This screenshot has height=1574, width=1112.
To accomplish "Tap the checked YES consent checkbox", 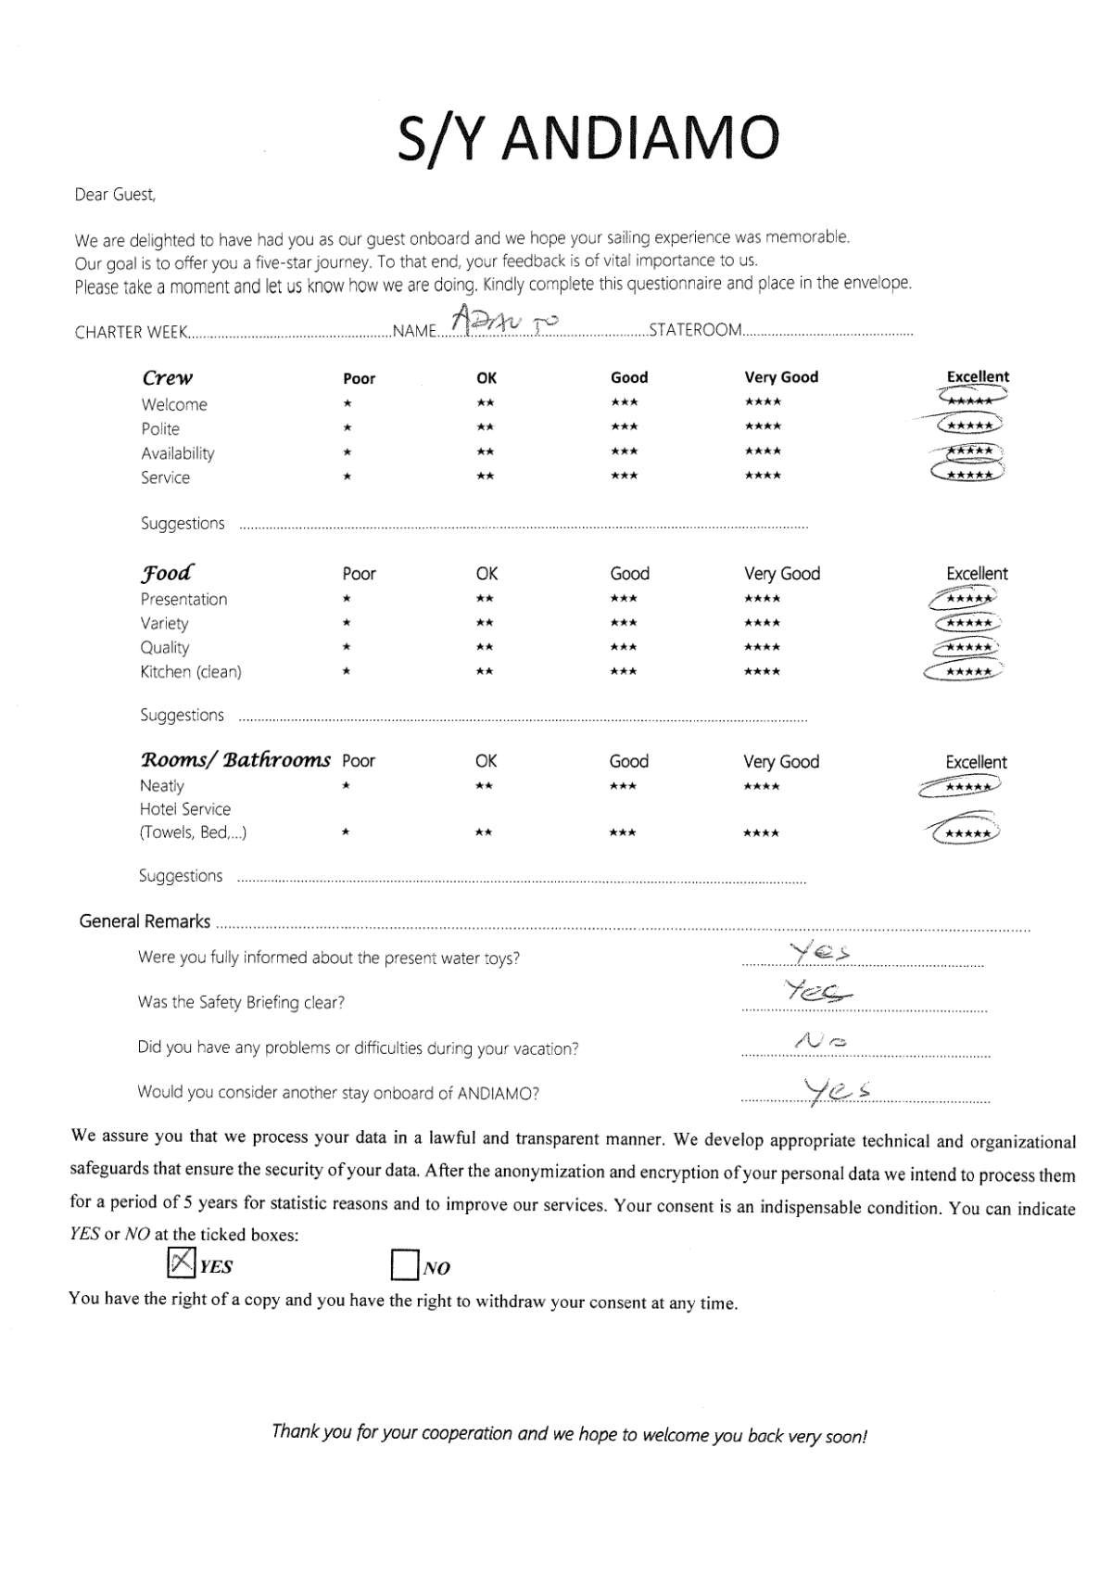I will [182, 1262].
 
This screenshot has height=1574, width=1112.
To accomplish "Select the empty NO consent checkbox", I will [404, 1264].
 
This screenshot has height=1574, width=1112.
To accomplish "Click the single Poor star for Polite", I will [347, 428].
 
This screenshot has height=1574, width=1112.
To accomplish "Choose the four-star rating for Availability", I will [763, 451].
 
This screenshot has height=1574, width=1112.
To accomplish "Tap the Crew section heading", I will [168, 377].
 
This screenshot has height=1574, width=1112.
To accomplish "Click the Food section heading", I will [168, 572].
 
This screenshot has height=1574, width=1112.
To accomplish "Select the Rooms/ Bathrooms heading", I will [235, 760].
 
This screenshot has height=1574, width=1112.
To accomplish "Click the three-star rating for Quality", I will [624, 647].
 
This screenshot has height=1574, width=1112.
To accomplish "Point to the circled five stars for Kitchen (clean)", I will [966, 671].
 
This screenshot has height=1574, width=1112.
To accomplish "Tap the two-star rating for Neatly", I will [484, 786].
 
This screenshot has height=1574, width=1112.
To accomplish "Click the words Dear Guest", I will [115, 195].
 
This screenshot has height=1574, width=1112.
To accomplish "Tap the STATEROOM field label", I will [695, 330].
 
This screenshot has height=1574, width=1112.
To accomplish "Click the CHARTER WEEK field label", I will [131, 332].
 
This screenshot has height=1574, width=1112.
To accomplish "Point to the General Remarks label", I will [145, 921].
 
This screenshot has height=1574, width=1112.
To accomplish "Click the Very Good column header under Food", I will [782, 574].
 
